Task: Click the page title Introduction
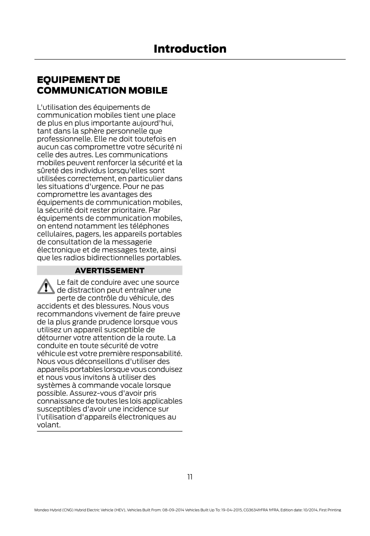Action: [190, 49]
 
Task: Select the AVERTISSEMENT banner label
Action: [110, 270]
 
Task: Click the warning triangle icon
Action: [46, 286]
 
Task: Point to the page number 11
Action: [190, 477]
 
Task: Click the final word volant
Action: [49, 425]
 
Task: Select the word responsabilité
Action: [157, 354]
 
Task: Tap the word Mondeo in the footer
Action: [41, 510]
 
